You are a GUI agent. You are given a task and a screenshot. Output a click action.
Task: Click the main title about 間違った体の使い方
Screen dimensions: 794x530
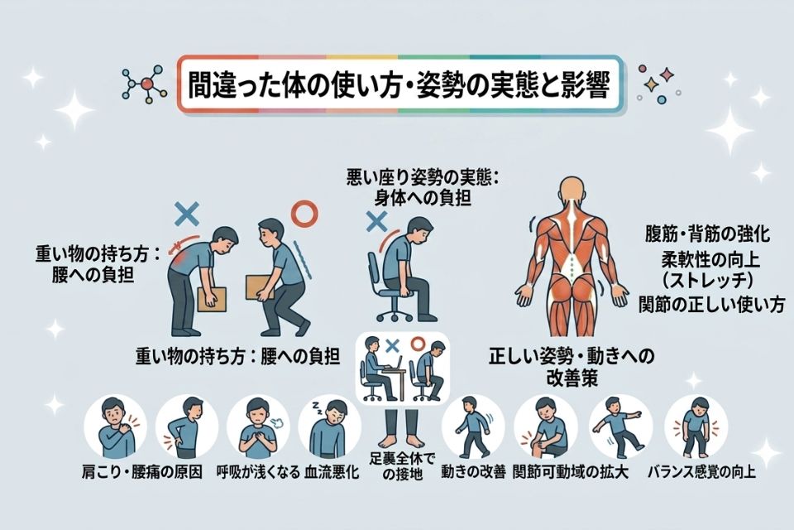(399, 84)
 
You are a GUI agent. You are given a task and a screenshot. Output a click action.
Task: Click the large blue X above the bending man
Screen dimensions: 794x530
(187, 214)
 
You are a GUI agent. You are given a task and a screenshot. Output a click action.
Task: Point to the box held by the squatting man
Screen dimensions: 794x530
(259, 287)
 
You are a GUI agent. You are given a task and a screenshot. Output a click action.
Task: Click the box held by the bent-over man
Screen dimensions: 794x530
(212, 300)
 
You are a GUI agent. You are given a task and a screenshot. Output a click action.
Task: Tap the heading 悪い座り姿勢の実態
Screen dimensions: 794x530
(423, 178)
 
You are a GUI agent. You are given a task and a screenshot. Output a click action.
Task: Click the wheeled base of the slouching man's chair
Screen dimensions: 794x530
(395, 311)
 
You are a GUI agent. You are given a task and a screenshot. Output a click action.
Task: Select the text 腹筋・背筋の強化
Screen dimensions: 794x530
(707, 234)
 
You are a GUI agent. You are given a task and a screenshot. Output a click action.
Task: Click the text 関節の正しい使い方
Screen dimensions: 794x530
(712, 304)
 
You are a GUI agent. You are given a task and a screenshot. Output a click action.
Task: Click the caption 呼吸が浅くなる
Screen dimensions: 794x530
(258, 472)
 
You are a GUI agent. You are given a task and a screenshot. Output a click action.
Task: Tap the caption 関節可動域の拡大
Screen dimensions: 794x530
(570, 472)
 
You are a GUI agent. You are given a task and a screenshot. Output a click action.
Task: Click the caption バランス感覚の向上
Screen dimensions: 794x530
(702, 472)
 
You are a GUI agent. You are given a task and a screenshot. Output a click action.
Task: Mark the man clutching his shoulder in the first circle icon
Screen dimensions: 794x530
(115, 427)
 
